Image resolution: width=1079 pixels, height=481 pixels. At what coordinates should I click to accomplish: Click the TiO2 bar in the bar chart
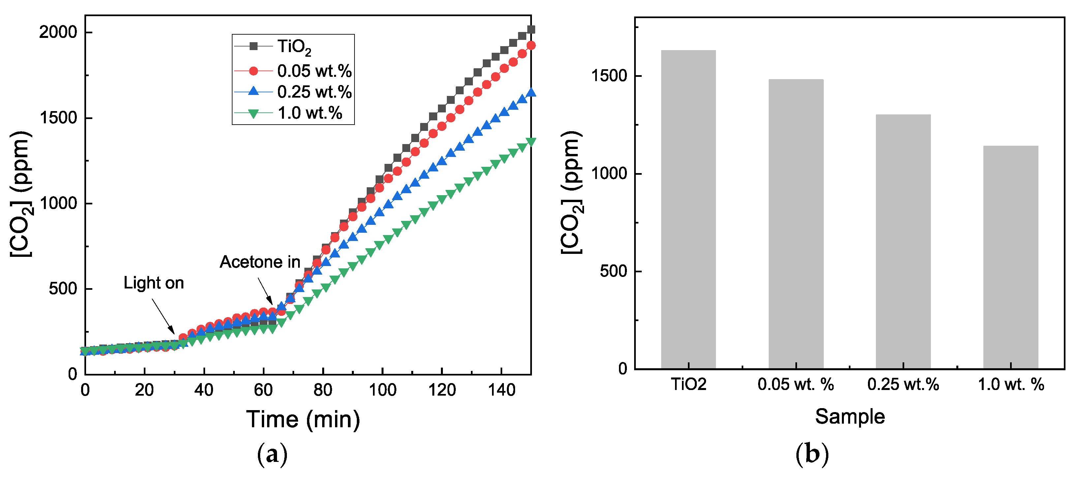[688, 209]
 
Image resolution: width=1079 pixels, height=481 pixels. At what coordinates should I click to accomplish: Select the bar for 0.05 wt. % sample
[795, 224]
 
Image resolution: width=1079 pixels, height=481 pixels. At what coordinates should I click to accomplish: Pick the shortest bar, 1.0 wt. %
[1010, 257]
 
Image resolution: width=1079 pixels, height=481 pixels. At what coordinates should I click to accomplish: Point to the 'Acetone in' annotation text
[260, 262]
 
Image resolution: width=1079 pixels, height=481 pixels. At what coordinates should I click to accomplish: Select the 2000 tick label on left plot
[58, 32]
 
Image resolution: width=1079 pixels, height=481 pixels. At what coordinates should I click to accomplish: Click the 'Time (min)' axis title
[303, 419]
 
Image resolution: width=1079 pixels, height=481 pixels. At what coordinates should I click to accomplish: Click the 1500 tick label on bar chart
[609, 76]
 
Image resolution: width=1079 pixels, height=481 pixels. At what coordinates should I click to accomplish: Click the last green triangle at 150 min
[531, 142]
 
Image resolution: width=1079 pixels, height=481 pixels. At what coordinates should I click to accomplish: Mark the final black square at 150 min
[531, 29]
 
